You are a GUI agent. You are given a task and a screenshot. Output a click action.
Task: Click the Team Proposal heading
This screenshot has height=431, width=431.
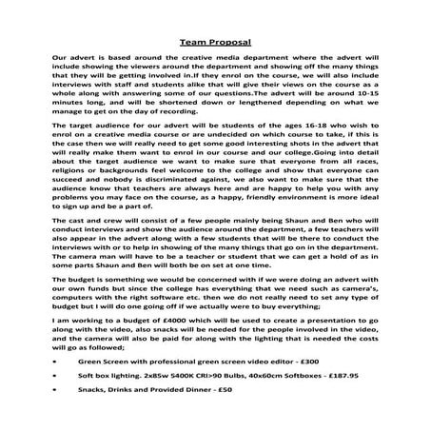tap(215, 42)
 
